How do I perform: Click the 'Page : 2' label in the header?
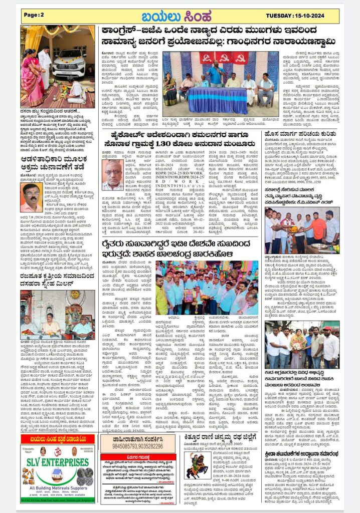pyautogui.click(x=34, y=15)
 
